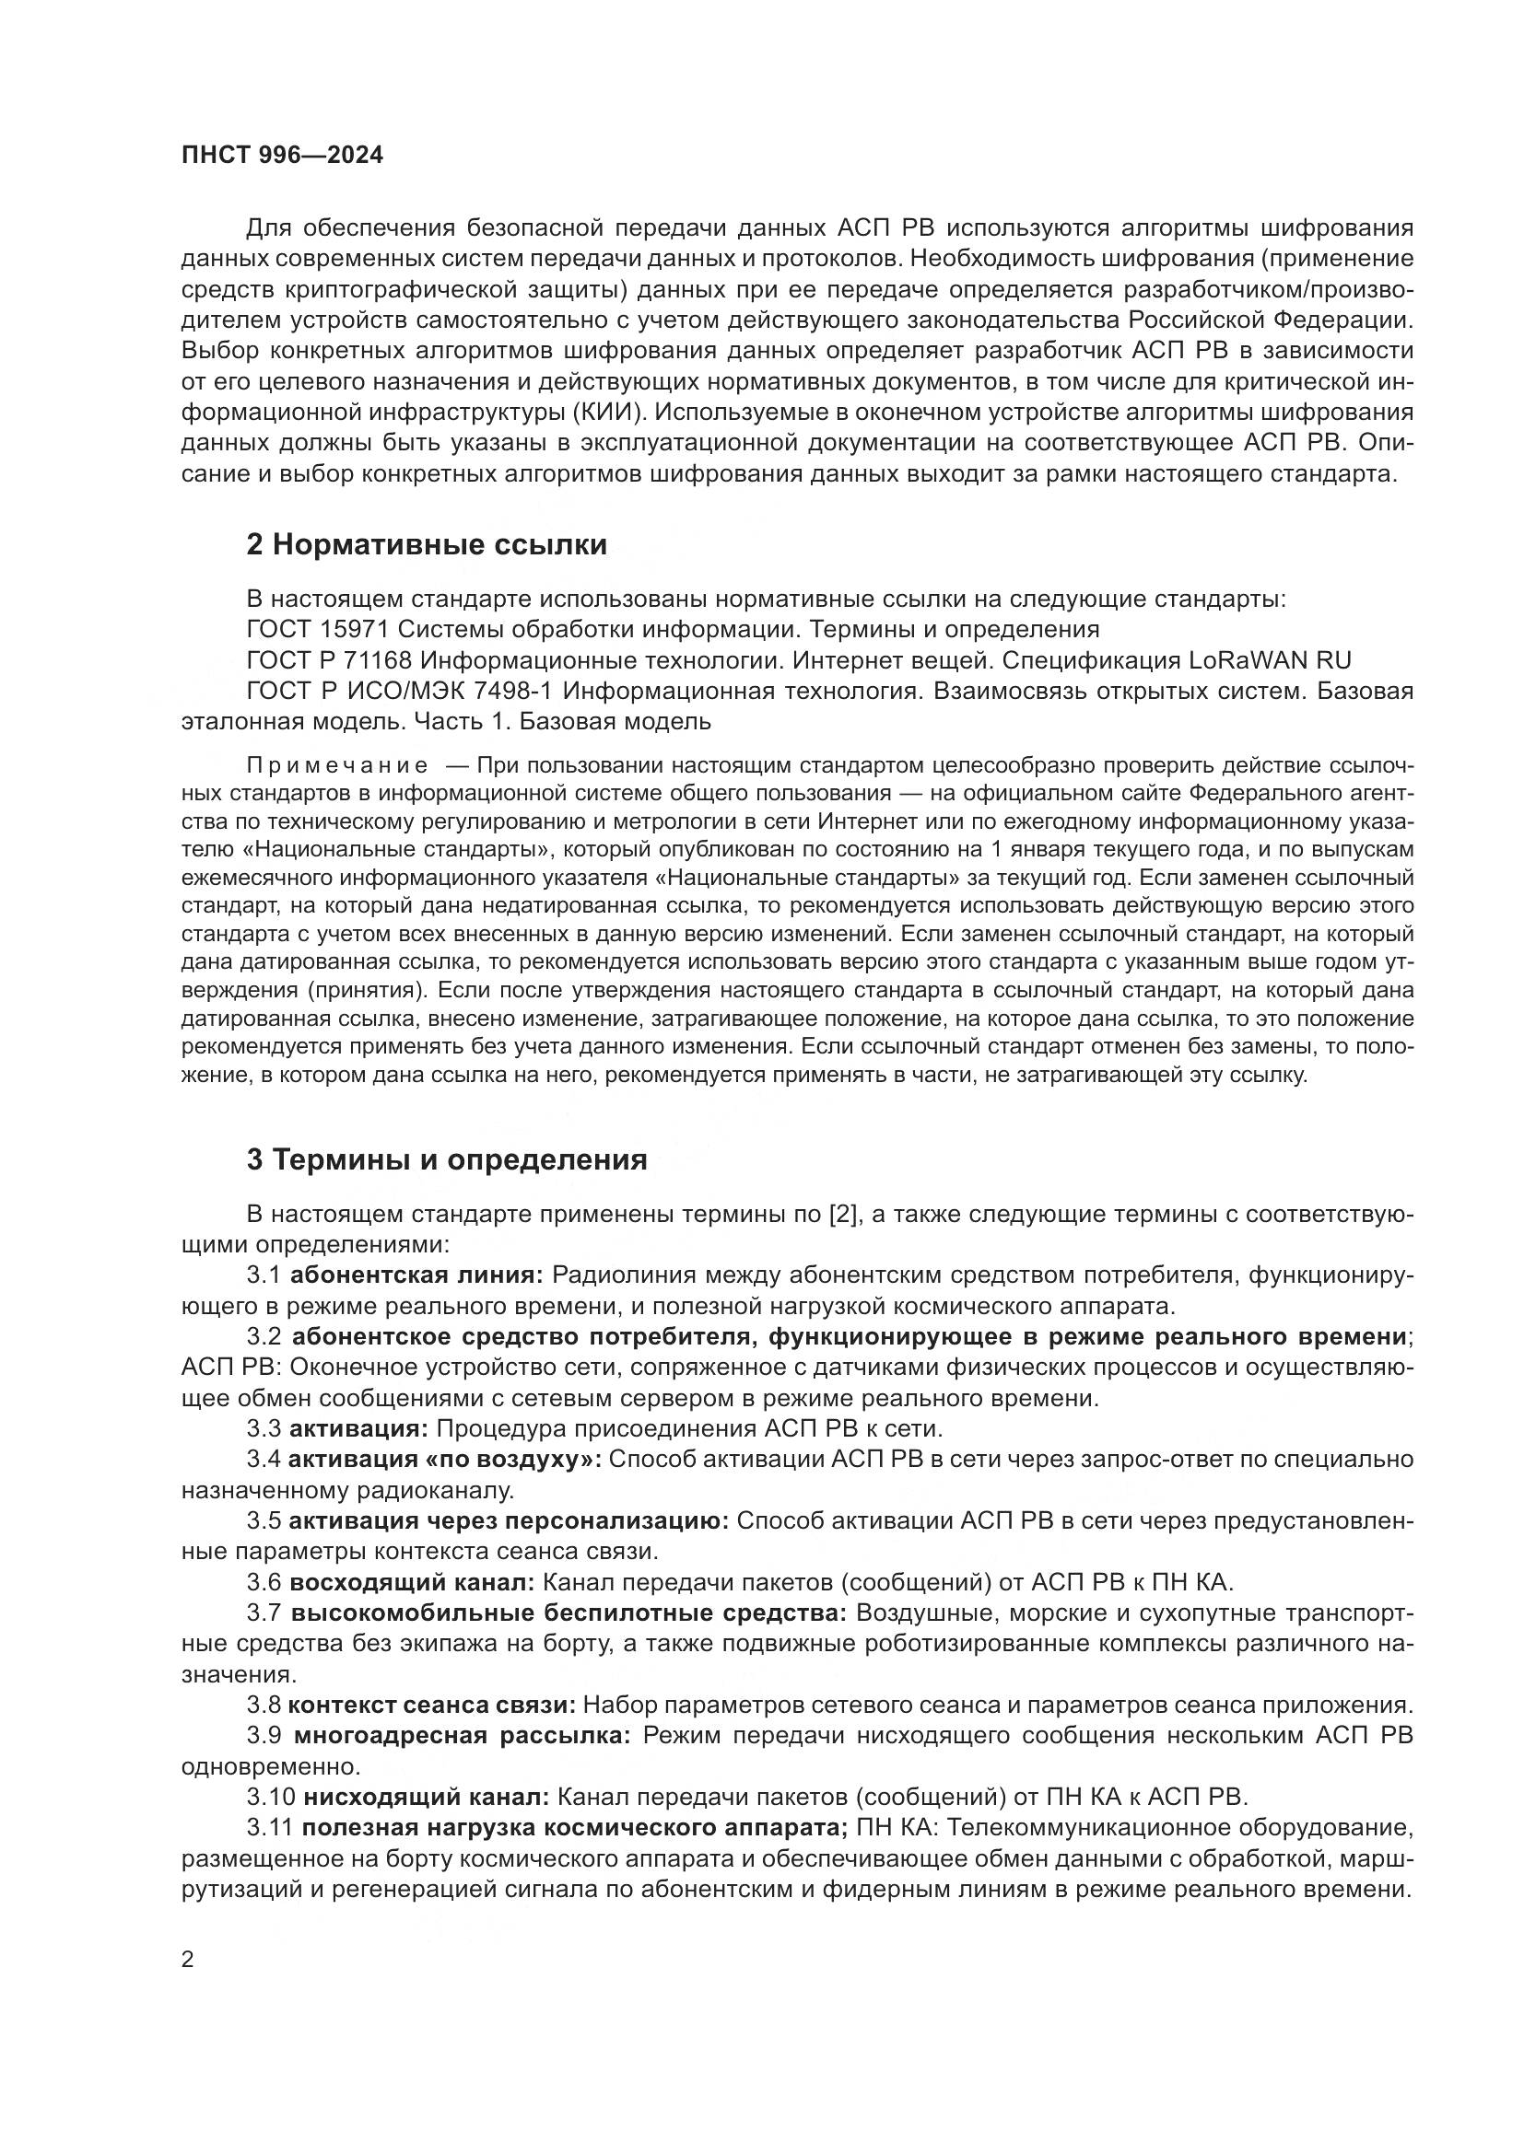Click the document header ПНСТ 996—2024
point(282,156)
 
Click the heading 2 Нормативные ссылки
point(427,545)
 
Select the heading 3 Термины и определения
point(447,1160)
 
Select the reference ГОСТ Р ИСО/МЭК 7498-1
point(399,692)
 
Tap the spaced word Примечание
point(337,765)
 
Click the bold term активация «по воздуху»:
point(445,1460)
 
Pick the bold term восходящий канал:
point(412,1583)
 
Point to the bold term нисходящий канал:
point(425,1798)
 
